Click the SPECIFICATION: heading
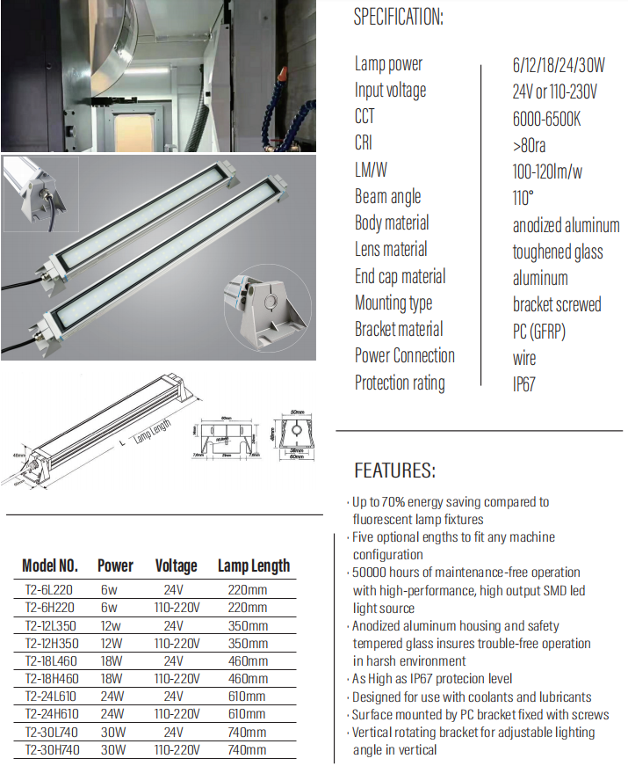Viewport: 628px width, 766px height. pos(398,18)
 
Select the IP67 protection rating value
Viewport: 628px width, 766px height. pos(524,383)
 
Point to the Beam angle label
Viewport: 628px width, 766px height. pos(387,197)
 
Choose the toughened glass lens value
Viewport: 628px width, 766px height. pos(558,252)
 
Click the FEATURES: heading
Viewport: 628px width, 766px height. pos(393,470)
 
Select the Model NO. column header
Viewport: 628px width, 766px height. pos(50,565)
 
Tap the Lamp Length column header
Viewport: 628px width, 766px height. pos(253,565)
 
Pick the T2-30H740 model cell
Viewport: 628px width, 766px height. pos(50,749)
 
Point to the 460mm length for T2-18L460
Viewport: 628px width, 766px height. pos(249,661)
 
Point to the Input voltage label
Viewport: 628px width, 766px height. pos(390,91)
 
